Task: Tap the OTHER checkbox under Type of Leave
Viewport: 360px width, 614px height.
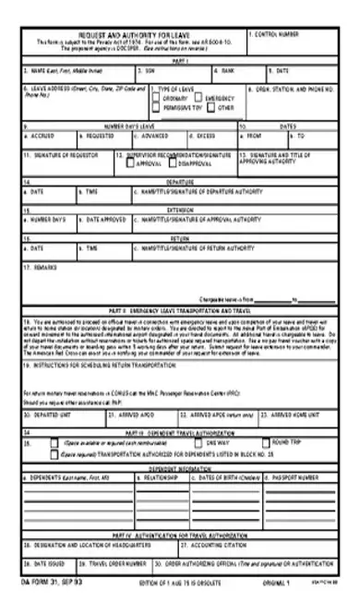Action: coord(212,107)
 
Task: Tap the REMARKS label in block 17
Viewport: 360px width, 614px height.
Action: coord(42,267)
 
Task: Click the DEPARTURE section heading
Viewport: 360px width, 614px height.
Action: coord(180,183)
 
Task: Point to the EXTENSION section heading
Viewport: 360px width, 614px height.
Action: coord(180,210)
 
